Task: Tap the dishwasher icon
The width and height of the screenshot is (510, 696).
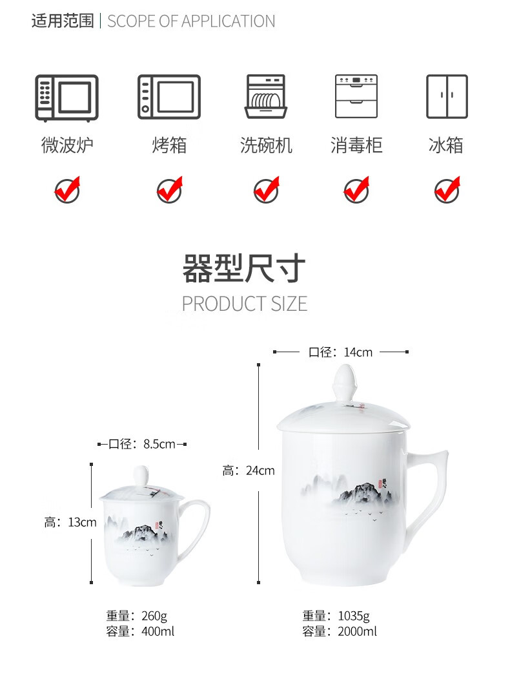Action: coord(266,96)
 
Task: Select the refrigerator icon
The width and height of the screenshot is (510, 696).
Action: coord(447,96)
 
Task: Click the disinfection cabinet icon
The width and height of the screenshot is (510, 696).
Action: coord(356,96)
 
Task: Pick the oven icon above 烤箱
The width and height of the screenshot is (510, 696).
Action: coord(169,97)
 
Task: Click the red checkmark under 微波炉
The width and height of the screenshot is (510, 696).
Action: coord(67,190)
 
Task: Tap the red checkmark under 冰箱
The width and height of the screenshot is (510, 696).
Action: coord(447,190)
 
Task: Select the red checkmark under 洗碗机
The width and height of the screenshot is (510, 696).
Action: coord(267,190)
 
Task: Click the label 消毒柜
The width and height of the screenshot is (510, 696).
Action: coord(356,145)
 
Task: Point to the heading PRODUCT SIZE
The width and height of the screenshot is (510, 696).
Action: coord(245,304)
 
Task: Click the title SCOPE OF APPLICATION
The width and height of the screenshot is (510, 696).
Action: coord(191,21)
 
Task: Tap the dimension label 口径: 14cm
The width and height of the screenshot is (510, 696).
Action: coord(340,352)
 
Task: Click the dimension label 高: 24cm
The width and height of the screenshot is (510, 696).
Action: coord(249,470)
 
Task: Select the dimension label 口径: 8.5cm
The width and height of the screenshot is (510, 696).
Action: coord(141,444)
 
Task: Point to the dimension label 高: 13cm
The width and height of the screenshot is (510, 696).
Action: coord(70,522)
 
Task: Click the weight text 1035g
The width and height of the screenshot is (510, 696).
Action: coord(354,616)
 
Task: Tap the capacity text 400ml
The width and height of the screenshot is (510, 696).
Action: coord(158,631)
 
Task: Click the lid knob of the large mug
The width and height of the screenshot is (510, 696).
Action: coord(345,381)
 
